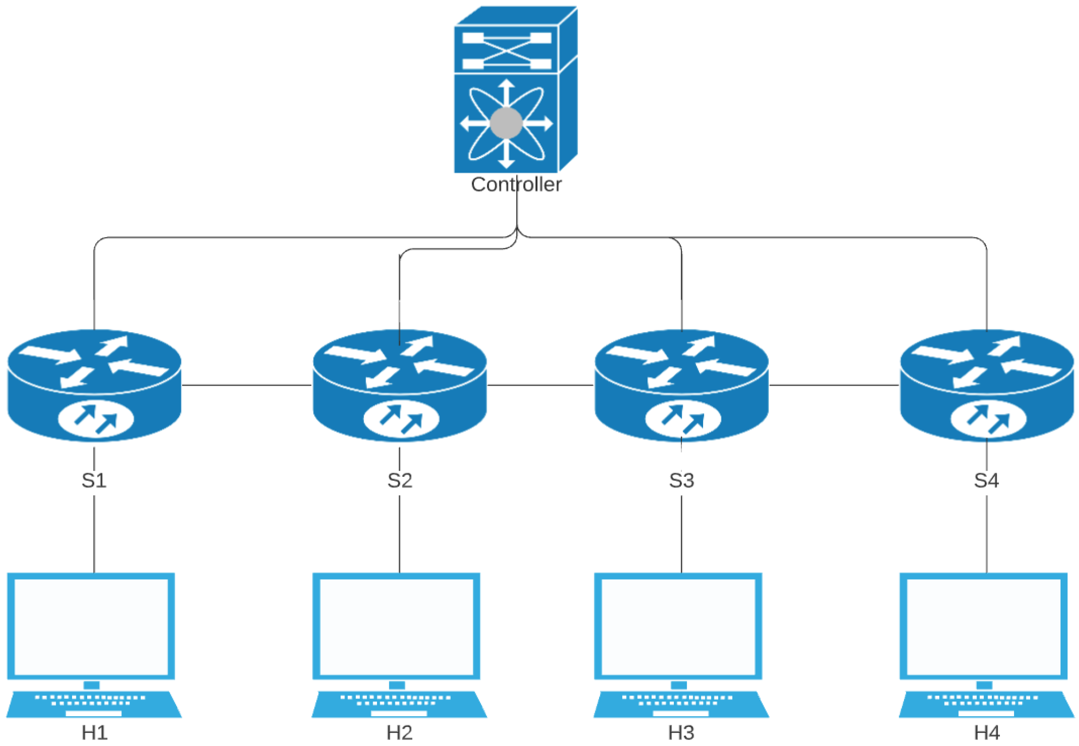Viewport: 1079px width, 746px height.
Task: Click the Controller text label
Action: (x=516, y=185)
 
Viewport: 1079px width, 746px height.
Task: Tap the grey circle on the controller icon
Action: (x=506, y=124)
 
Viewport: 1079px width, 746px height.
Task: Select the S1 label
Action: (x=94, y=480)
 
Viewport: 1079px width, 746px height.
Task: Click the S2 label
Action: (x=400, y=480)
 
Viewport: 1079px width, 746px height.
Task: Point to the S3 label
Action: (x=681, y=480)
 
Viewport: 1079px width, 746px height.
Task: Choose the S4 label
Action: (x=986, y=480)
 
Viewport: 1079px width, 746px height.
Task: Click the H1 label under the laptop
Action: (x=94, y=732)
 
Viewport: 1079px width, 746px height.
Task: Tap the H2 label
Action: (x=399, y=732)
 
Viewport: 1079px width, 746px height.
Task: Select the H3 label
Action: (x=681, y=732)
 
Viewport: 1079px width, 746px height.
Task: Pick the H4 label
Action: (x=986, y=732)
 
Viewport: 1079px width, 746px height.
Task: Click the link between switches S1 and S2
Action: (x=246, y=385)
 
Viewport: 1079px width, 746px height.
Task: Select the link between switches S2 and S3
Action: (x=540, y=385)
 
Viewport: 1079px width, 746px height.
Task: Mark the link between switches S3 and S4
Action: (x=834, y=385)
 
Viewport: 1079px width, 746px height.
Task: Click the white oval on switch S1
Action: (x=95, y=418)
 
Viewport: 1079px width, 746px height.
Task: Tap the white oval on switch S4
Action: (x=988, y=419)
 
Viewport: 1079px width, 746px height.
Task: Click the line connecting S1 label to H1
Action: (x=94, y=534)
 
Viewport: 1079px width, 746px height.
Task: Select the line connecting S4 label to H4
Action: (x=986, y=534)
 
